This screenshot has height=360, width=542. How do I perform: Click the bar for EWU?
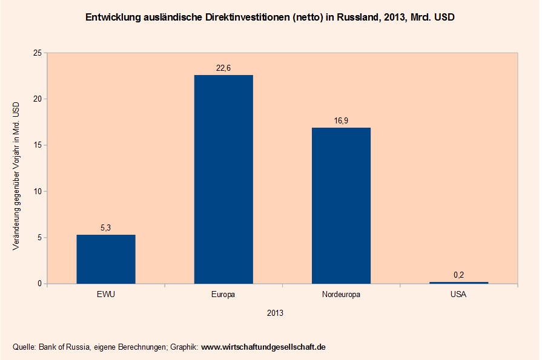coord(106,259)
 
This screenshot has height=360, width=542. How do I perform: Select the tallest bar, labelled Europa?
coord(223,179)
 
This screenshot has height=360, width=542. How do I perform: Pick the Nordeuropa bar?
coord(341,205)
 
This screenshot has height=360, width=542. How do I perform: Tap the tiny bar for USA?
coord(458,283)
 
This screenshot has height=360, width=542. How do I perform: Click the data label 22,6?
coord(223,68)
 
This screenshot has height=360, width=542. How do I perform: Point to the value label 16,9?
coord(341,121)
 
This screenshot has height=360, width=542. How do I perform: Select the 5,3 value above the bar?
coord(106,228)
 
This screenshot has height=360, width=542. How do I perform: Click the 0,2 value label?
coord(458,275)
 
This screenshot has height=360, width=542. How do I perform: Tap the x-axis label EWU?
coord(106,295)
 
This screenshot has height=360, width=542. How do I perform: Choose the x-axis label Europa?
coord(223,295)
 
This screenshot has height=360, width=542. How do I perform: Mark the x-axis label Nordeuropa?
coord(341,295)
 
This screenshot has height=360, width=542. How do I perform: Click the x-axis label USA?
coord(458,295)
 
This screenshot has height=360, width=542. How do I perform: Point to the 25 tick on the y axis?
coord(37,53)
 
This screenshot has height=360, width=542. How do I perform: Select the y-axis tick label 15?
coord(37,145)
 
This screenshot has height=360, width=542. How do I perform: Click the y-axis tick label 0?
coord(39,284)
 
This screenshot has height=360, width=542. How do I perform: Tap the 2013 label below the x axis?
coord(275,313)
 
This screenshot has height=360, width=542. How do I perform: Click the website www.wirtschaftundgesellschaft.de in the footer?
coord(263,347)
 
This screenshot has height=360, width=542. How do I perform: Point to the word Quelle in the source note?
coord(24,347)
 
